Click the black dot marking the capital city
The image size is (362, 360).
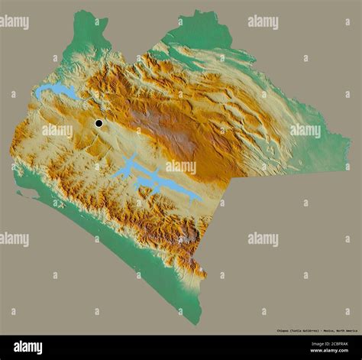(99, 123)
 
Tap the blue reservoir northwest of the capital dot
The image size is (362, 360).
(55, 92)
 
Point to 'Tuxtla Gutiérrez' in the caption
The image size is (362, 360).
(310, 331)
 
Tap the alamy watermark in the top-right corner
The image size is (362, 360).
(263, 22)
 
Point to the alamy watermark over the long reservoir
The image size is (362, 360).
(180, 167)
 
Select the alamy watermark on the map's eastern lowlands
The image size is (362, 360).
(305, 131)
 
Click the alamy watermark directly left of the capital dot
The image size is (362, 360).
(57, 131)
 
